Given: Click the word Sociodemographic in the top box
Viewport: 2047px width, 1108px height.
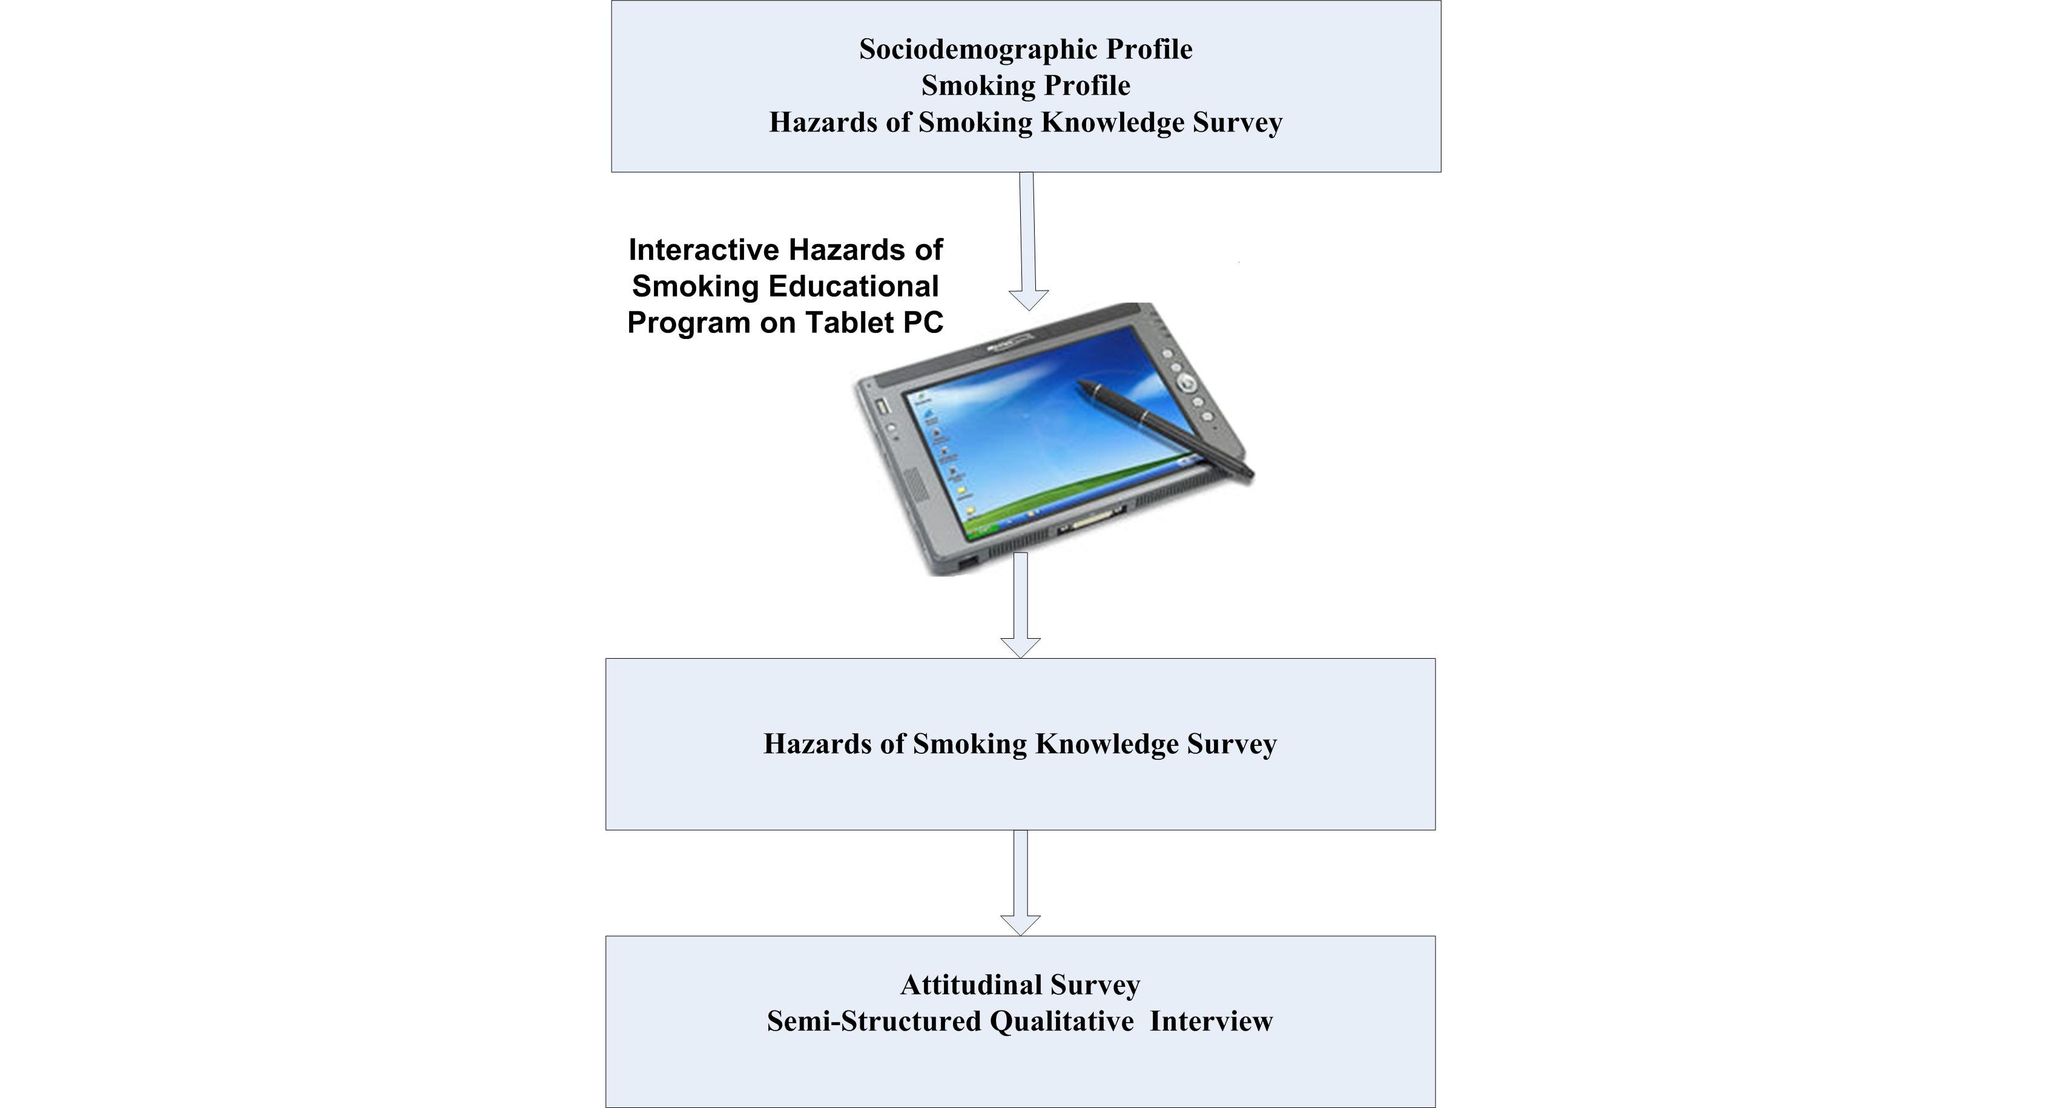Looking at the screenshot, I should [x=978, y=49].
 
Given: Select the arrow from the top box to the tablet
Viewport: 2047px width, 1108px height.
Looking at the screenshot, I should [x=1027, y=239].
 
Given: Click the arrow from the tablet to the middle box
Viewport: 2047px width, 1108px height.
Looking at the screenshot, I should [x=1020, y=604].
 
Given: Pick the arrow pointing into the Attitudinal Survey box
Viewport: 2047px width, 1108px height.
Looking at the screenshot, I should [x=1020, y=882].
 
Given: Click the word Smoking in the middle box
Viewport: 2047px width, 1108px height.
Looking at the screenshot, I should [x=969, y=745].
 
